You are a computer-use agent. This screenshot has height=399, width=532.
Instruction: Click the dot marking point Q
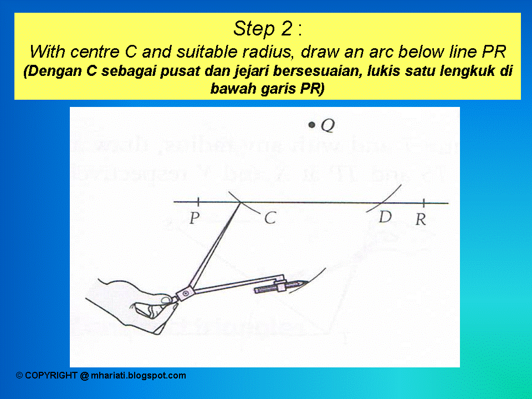point(313,126)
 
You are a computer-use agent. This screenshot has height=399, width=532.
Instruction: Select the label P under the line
point(193,219)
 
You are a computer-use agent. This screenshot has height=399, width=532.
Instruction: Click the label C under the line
point(270,219)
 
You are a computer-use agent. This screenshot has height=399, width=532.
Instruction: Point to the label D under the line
point(385,218)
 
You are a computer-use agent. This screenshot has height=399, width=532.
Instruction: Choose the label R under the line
point(421,220)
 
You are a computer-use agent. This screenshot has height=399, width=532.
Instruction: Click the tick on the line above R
point(424,203)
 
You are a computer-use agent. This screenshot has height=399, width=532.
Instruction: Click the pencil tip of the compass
point(304,283)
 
